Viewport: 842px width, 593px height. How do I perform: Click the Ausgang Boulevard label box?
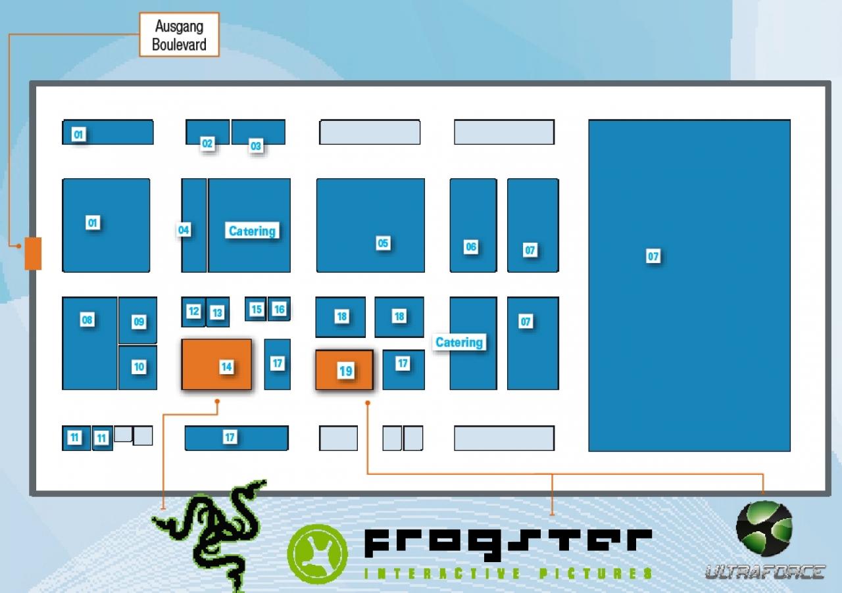[x=180, y=35]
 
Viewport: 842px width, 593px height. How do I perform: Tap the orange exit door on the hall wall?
[x=33, y=253]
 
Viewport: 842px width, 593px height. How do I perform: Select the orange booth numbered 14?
[x=216, y=364]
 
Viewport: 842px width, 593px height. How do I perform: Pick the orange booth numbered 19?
[x=344, y=370]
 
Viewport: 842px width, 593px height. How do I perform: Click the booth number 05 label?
[x=383, y=243]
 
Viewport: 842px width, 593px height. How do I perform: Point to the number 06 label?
[x=471, y=247]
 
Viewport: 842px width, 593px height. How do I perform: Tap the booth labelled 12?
[x=193, y=312]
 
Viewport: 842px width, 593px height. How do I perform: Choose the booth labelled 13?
[x=218, y=312]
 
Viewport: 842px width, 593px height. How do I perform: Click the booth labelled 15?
[x=256, y=309]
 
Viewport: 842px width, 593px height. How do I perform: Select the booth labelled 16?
[x=279, y=309]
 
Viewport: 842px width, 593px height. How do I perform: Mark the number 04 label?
[x=184, y=230]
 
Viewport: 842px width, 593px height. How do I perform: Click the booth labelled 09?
[x=138, y=320]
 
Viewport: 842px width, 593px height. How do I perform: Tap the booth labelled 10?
[x=138, y=368]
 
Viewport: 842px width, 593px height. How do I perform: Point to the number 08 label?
[x=87, y=320]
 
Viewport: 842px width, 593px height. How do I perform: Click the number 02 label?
[x=207, y=143]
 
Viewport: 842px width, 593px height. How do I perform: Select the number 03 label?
[x=256, y=146]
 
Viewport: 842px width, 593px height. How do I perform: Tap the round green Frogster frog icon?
[x=317, y=554]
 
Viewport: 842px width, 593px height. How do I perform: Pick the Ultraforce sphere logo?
[x=764, y=529]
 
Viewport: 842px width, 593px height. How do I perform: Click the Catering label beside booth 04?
[x=252, y=231]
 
